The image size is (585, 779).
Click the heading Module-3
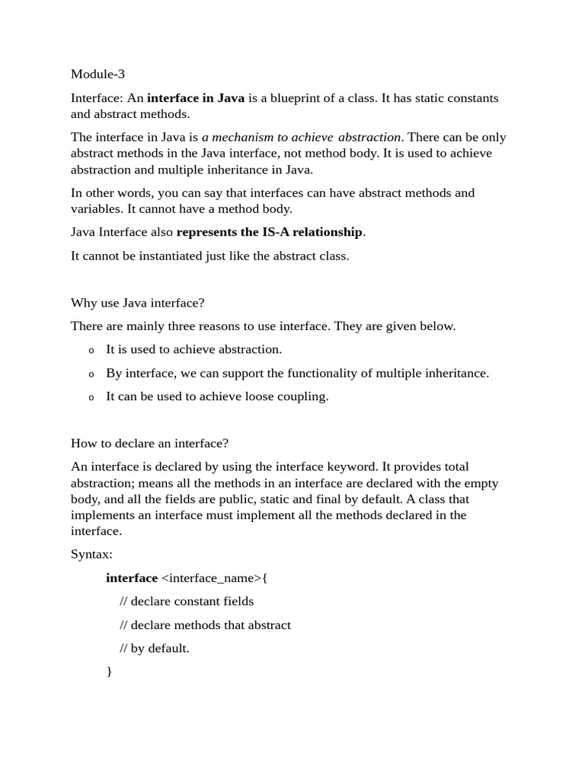coord(97,74)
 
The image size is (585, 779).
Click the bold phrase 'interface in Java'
coord(196,98)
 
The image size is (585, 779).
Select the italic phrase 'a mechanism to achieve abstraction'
coord(301,138)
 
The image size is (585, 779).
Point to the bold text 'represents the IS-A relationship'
coord(270,232)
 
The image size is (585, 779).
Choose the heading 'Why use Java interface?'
coord(138,303)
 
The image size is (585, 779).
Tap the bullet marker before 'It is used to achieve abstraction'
coord(91,351)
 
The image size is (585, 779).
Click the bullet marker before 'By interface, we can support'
coord(91,374)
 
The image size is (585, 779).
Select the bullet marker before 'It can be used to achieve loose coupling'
coord(91,398)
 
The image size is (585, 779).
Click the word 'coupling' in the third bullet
coord(305,397)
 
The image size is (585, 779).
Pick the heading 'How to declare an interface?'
coord(149,444)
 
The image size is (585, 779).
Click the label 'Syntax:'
coord(91,555)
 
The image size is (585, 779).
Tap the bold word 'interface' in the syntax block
coord(132,578)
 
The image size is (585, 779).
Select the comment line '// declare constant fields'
coord(187,602)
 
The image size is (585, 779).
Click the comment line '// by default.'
coord(155,649)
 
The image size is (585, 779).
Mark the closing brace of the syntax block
coord(109,672)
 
